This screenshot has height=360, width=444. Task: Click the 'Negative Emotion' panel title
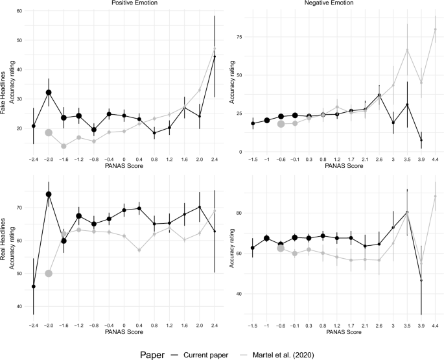tap(338, 4)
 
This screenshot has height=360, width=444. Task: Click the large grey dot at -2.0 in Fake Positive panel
tap(49, 132)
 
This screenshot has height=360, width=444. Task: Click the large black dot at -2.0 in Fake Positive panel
tap(49, 93)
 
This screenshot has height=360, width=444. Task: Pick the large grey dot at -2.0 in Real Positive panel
tap(49, 273)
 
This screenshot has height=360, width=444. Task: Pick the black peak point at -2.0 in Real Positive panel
tap(49, 194)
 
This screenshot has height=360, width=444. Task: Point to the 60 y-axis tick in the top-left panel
tap(20, 12)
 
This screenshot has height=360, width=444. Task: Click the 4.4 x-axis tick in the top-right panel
tap(435, 158)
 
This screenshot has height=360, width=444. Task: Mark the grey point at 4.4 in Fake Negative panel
tap(435, 29)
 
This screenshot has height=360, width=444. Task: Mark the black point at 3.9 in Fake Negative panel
tap(421, 140)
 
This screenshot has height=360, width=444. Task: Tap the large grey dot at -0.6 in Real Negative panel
tap(281, 248)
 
